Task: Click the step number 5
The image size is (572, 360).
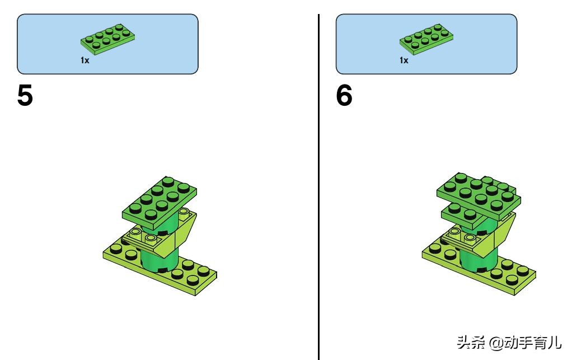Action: (25, 95)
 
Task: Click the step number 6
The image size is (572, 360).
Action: (344, 95)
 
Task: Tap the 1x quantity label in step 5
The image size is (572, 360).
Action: (85, 60)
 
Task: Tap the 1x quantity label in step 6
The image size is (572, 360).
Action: (404, 60)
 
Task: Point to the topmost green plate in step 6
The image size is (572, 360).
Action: (479, 196)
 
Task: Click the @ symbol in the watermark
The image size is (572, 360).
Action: (496, 343)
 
